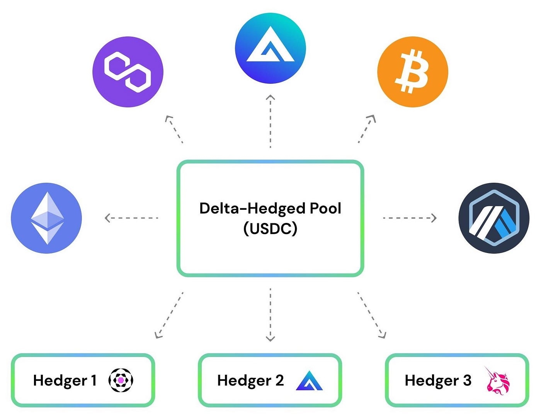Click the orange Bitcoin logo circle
pos(412,71)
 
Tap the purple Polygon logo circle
pos(128,71)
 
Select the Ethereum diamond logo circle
pos(46,218)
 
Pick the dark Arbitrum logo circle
pos(494,218)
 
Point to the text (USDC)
pos(270,229)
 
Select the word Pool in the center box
pos(326,209)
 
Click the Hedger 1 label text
pos(65,381)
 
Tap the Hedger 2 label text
pos(250,381)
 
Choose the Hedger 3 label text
pos(438,381)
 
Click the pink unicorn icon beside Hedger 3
pos(498,381)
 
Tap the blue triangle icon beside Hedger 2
pos(309,381)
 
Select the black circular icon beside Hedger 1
pos(121,381)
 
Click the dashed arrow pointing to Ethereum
pos(131,218)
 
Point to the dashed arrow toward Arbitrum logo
pos(410,218)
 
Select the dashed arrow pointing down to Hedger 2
pos(270,315)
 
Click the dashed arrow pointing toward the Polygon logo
pos(174,129)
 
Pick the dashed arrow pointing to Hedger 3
pos(371,315)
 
